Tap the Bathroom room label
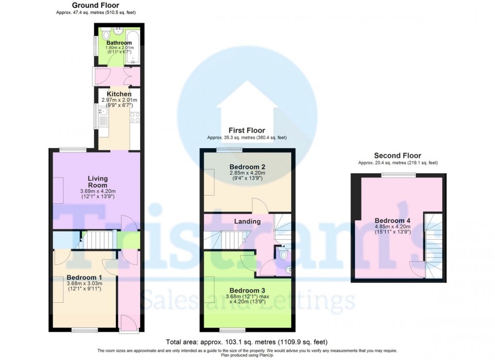(119, 43)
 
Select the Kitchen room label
(119, 94)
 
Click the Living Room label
(98, 182)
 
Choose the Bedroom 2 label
(247, 167)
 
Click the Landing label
(247, 222)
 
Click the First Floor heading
(247, 131)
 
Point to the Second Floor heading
(397, 156)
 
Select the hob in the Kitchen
(135, 117)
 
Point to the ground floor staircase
(99, 239)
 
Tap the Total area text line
(247, 342)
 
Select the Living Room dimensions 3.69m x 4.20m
(98, 191)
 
